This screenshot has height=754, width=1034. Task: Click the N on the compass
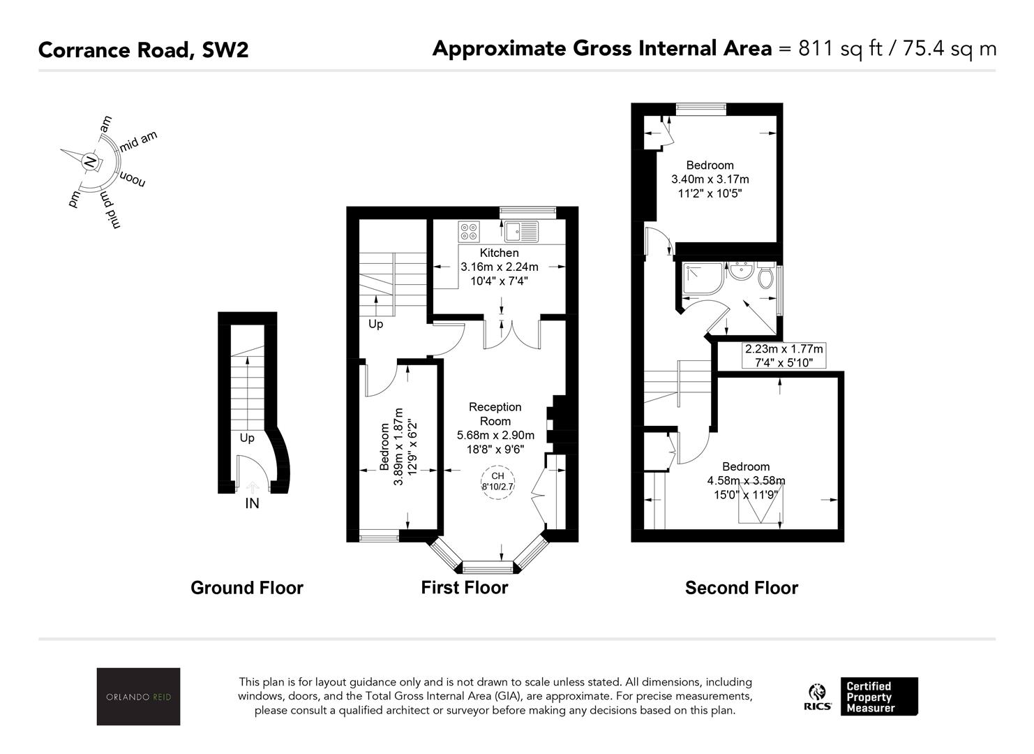coord(89,162)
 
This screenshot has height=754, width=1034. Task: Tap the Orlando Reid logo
coord(138,696)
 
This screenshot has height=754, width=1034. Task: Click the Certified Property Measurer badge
coord(879,697)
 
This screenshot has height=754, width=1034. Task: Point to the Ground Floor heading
coord(247,588)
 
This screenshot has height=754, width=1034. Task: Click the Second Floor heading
coord(742,588)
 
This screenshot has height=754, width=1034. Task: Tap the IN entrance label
coord(252,503)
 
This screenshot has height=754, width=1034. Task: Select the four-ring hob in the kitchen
coord(469,232)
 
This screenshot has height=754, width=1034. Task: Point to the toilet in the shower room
coord(765,275)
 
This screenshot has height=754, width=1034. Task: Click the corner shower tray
coord(703,279)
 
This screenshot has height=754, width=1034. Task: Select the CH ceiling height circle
coord(497,482)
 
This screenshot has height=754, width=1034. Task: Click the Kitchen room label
coord(499,253)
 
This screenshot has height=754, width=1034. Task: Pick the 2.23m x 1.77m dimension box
coord(784,355)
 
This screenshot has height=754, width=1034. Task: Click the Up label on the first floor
coord(376,325)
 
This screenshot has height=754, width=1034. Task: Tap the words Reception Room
coord(495,414)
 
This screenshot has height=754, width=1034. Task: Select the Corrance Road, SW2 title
coord(144,50)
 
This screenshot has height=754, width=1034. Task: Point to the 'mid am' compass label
coord(138,141)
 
